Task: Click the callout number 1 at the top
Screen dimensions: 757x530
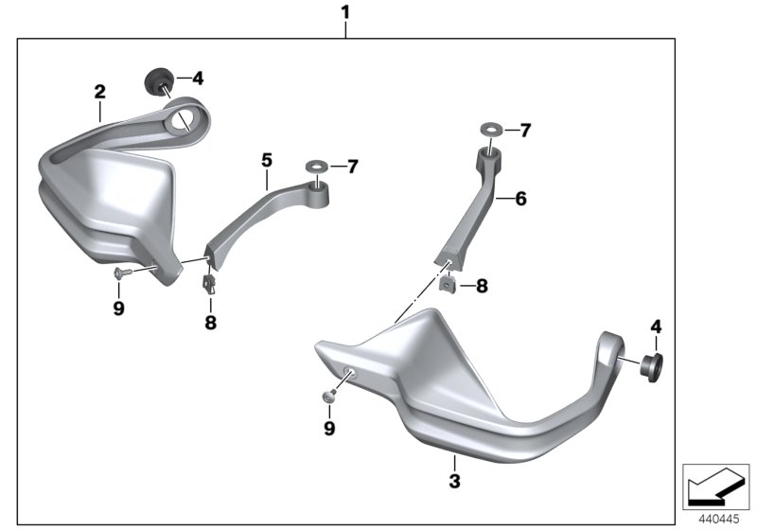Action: tap(344, 12)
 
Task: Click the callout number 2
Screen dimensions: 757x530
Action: tap(100, 92)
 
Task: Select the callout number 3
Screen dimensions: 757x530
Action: tap(454, 481)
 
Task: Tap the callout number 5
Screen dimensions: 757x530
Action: tap(267, 160)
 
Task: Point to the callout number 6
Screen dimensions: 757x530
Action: tap(521, 199)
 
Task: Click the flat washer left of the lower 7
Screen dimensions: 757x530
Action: tap(317, 167)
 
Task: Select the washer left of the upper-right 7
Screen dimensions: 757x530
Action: tap(491, 130)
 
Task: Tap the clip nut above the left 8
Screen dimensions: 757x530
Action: tap(209, 284)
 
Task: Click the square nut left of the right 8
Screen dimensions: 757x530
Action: tap(448, 284)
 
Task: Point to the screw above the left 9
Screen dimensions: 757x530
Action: tap(123, 274)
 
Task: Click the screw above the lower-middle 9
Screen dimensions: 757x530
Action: tap(327, 396)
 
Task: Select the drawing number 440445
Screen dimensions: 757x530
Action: tap(719, 520)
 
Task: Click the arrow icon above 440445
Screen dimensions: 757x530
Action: tap(716, 486)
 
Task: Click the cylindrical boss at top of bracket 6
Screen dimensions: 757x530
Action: tap(488, 160)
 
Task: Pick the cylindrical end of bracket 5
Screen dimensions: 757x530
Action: tap(319, 195)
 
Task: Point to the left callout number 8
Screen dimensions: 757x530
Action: tap(210, 322)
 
